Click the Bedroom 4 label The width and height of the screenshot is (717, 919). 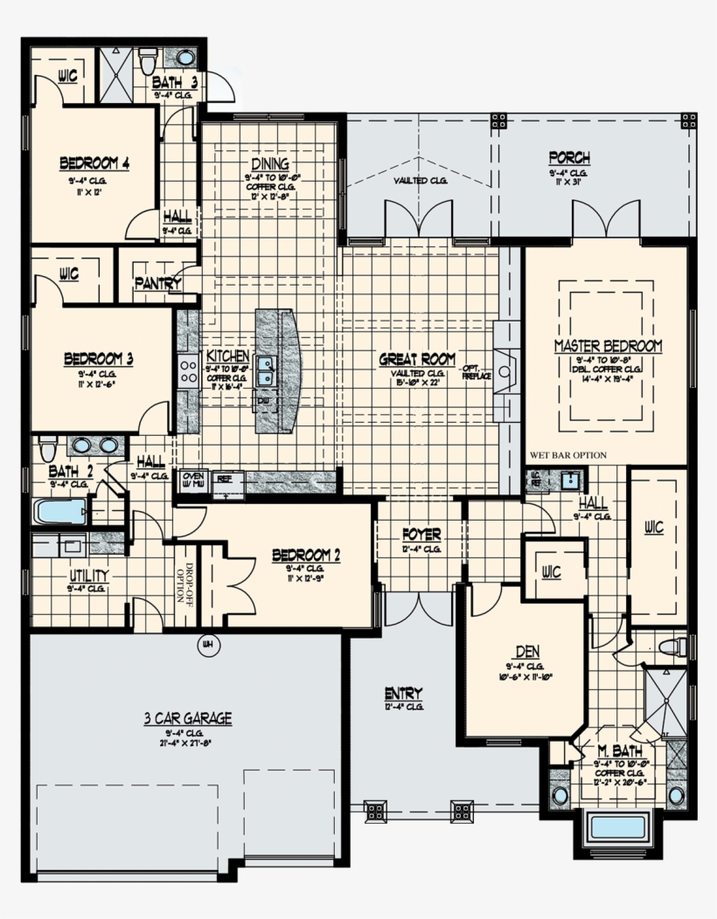[x=94, y=163]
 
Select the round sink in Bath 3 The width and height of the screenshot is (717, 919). [x=185, y=59]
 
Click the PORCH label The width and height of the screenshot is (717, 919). [x=568, y=158]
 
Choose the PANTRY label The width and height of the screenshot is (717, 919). [x=157, y=284]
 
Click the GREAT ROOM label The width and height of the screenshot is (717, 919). [x=417, y=359]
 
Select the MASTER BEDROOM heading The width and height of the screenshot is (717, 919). [x=608, y=347]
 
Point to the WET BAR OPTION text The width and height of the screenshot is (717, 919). [x=567, y=455]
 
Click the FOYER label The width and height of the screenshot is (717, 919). [x=421, y=534]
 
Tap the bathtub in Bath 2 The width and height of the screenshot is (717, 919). [x=59, y=511]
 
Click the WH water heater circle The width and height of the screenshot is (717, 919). [x=207, y=645]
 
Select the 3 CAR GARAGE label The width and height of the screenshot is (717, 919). [x=188, y=719]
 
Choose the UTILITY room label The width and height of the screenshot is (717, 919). [x=89, y=576]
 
